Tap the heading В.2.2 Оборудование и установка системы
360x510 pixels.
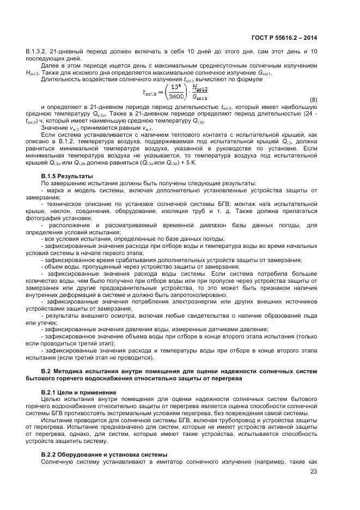(x=104, y=454)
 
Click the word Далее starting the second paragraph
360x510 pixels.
(x=51, y=66)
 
